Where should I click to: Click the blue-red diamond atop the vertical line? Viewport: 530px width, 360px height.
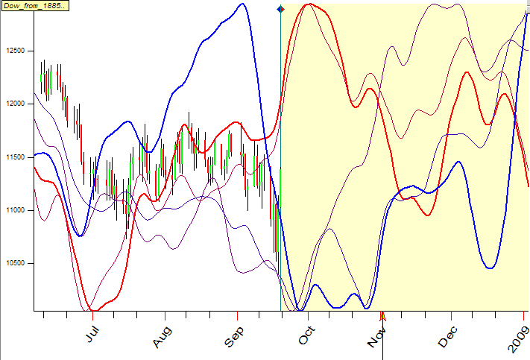coord(280,9)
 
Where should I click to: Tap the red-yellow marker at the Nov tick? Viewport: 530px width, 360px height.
coord(382,315)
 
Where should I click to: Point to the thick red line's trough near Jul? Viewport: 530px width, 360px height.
coord(90,309)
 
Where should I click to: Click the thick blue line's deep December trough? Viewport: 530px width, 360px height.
coord(490,268)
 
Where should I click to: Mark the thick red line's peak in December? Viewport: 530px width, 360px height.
coord(467,72)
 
